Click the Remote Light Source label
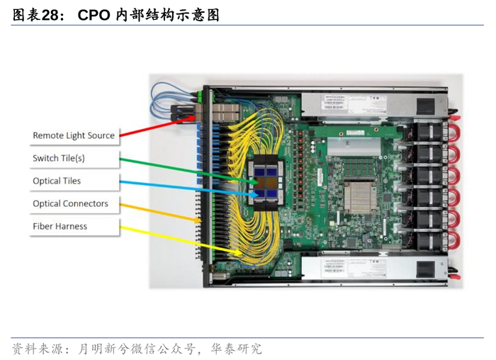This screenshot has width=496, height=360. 74,135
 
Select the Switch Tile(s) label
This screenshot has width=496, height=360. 59,158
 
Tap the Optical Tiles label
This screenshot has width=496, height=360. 57,181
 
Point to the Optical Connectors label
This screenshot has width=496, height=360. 71,203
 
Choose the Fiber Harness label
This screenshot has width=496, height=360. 60,226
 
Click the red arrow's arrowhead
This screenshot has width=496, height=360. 192,118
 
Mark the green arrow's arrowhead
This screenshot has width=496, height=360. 254,182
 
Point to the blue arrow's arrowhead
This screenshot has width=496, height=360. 255,195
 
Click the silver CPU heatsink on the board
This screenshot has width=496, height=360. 360,197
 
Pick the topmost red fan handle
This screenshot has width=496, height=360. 455,129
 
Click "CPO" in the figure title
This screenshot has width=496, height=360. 94,15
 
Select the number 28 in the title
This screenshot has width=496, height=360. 50,15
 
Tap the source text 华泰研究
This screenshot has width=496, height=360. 236,349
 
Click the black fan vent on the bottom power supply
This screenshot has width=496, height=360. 425,269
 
